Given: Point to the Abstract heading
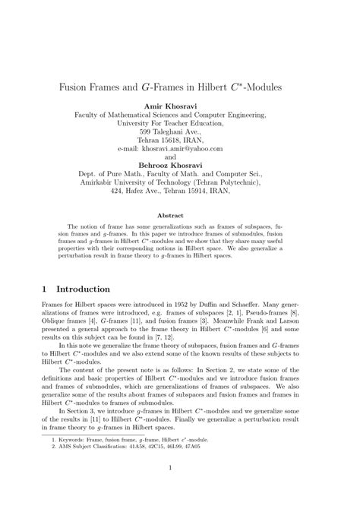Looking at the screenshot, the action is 180,215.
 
